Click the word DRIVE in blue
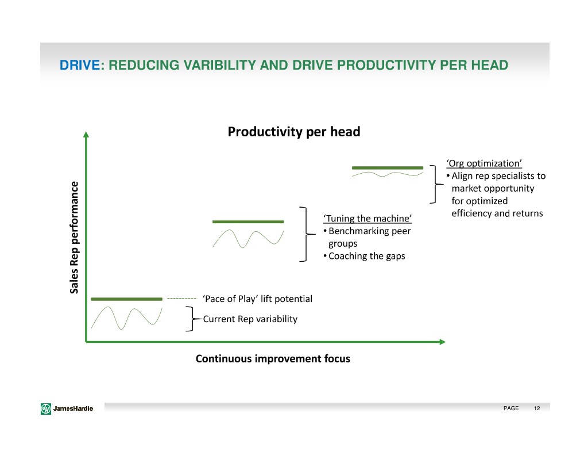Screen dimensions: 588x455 coord(80,65)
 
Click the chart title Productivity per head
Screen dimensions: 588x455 coord(294,132)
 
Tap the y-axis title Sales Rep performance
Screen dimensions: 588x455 coord(74,238)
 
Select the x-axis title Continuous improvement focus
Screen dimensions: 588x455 coord(273,359)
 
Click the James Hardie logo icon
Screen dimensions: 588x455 coord(46,408)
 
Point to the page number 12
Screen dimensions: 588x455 coord(537,408)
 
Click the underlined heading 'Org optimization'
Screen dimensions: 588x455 coord(484,163)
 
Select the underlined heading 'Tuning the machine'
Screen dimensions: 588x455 coord(367,219)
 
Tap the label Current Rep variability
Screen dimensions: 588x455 coord(250,319)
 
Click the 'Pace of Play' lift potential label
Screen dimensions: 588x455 coord(257,299)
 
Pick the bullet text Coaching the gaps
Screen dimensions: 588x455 coord(367,256)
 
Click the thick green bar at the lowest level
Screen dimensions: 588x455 coord(127,299)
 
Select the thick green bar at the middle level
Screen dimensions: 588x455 coord(248,221)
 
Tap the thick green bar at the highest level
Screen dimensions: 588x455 coord(388,168)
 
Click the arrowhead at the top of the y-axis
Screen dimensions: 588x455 coord(86,135)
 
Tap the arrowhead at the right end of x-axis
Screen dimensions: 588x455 coord(443,342)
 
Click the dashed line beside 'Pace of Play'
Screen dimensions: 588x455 coord(182,299)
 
